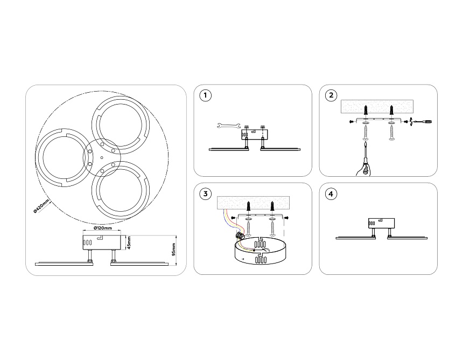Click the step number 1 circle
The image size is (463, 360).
pyautogui.click(x=205, y=96)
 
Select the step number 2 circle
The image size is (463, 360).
pyautogui.click(x=331, y=96)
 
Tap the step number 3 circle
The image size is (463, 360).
pyautogui.click(x=205, y=193)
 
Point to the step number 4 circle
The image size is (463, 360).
pyautogui.click(x=331, y=193)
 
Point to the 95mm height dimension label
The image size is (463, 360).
pyautogui.click(x=174, y=249)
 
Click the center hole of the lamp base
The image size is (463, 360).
pyautogui.click(x=101, y=157)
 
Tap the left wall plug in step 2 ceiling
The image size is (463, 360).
pyautogui.click(x=366, y=110)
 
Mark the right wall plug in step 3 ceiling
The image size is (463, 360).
pyautogui.click(x=273, y=206)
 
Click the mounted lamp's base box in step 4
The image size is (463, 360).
pyautogui.click(x=381, y=223)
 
